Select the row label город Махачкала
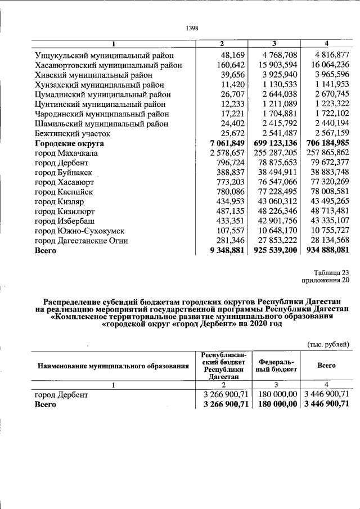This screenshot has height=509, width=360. point(66,153)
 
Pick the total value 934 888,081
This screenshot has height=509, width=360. point(326,250)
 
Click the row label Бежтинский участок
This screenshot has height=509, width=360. point(73,133)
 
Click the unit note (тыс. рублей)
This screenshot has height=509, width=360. point(328,344)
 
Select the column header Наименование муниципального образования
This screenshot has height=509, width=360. point(113,366)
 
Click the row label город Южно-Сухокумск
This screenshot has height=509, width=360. point(79,231)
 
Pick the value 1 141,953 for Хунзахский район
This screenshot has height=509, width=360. point(328,84)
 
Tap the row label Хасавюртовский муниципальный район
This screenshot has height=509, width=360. point(108,65)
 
